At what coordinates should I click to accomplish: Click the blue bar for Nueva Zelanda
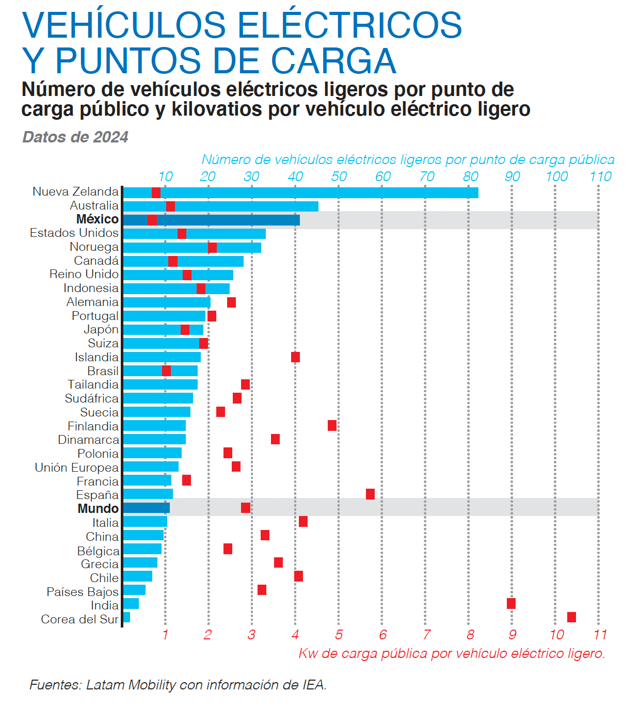point(310,192)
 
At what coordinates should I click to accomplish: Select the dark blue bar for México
point(227,220)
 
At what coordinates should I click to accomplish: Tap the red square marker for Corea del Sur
point(571,617)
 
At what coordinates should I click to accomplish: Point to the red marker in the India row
point(511,603)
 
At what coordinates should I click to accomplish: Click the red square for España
point(370,494)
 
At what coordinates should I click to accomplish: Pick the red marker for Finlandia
point(332,425)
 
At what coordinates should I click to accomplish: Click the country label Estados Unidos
point(74,233)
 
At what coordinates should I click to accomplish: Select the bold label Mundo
point(98,508)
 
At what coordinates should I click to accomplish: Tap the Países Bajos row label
point(82,591)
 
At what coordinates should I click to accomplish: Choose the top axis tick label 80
point(470,176)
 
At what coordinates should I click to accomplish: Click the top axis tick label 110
point(600,176)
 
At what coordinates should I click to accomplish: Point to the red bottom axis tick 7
point(426,635)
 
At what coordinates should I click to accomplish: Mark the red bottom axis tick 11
point(600,635)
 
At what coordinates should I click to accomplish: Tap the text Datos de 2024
point(75,137)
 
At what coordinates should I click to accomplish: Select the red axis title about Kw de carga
point(452,653)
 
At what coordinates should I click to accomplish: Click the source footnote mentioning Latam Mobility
point(178,685)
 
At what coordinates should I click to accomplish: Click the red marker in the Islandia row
point(295,357)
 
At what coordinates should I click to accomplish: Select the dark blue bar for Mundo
point(147,508)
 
